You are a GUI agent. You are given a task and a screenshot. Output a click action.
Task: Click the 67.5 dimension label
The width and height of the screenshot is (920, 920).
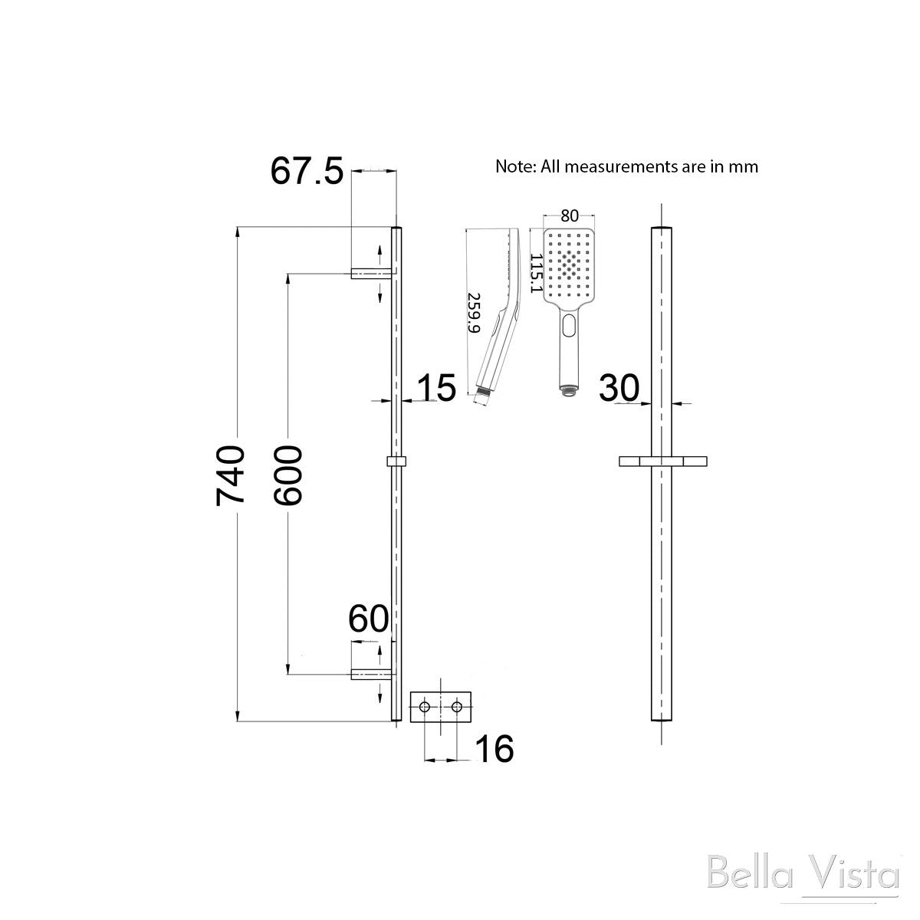(306, 171)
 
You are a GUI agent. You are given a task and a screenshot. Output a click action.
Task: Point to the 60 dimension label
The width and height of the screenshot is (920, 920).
(369, 619)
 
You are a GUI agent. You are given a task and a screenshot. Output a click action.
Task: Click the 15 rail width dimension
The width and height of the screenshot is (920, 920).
(435, 388)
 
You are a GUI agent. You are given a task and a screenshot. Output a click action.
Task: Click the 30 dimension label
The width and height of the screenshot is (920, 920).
(619, 388)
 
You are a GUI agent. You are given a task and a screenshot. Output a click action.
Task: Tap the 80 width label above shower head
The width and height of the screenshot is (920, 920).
(569, 216)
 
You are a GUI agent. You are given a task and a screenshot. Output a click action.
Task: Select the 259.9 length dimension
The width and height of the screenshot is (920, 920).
(474, 312)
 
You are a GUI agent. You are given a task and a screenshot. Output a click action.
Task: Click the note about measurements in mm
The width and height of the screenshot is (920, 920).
(626, 166)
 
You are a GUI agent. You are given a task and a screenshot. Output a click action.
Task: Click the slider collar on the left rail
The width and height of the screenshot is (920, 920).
(396, 462)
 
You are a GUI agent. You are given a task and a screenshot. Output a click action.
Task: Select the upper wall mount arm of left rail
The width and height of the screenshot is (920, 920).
(371, 273)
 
